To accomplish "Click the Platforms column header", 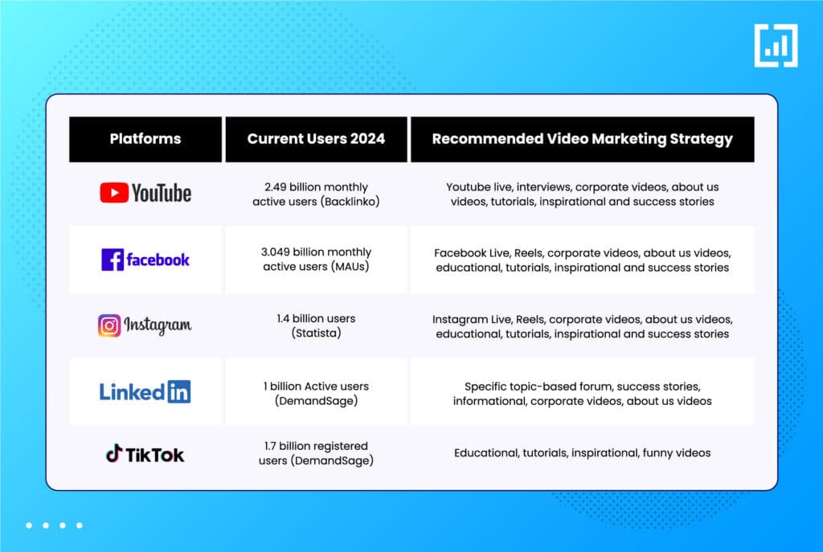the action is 145,139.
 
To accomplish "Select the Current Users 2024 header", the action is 316,139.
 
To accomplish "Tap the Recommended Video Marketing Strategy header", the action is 582,139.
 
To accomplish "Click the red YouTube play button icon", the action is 114,193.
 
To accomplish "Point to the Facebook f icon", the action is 113,260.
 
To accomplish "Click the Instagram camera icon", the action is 109,326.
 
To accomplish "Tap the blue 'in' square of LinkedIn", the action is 179,391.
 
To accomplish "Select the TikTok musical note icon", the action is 114,453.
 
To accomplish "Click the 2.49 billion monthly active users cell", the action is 316,194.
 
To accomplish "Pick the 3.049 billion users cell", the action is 316,260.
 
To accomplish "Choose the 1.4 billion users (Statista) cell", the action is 316,326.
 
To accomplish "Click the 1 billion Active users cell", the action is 316,394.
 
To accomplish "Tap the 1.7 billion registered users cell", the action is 316,453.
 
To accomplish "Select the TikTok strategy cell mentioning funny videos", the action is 582,453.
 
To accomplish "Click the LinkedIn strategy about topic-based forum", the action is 582,394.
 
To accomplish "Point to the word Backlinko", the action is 350,202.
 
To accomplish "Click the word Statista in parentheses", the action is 316,333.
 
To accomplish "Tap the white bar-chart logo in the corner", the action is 776,46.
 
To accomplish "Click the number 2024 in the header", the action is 367,139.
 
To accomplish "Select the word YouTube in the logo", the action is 161,193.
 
